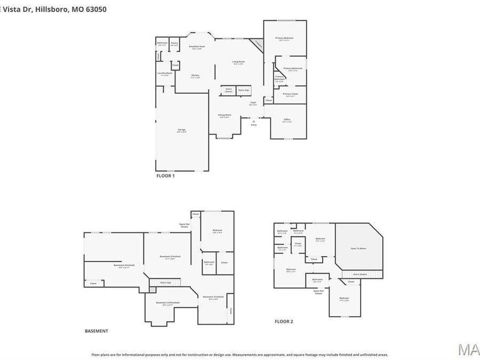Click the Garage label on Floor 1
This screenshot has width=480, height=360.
[181, 130]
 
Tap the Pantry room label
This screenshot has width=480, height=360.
[174, 43]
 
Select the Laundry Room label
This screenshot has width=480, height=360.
[165, 74]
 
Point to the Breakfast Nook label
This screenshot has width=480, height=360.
[197, 47]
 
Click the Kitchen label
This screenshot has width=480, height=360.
[195, 76]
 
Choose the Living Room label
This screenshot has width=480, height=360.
[238, 62]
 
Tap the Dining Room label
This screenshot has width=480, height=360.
[224, 115]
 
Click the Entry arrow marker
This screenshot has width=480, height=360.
[253, 122]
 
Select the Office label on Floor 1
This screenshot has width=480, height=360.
[287, 119]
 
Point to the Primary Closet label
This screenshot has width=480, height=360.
[291, 94]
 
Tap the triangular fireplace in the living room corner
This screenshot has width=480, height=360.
[258, 44]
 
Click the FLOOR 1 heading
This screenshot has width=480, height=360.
[165, 175]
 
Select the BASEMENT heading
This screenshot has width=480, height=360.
[97, 331]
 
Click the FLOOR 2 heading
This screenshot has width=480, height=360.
[284, 321]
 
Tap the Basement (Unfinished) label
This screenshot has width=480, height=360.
[167, 303]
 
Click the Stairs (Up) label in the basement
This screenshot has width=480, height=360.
[166, 282]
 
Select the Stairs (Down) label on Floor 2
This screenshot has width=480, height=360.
[360, 274]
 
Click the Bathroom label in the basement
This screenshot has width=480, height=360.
[209, 262]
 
